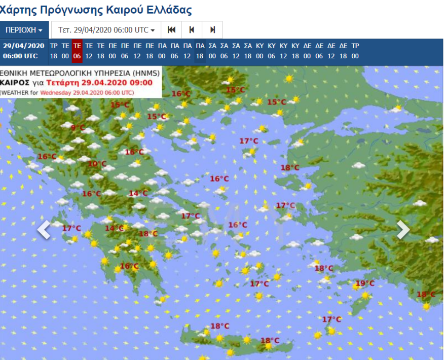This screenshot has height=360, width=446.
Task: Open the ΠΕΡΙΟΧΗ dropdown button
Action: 24,30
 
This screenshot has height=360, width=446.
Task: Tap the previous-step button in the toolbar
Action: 192,30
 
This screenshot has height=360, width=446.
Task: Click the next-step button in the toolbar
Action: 212,30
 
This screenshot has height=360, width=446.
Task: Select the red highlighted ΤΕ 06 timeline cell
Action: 77,51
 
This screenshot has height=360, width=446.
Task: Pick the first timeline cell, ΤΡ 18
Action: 53,51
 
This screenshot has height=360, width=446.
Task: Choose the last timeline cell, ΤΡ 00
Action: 355,51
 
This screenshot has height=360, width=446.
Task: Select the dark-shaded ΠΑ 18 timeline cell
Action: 200,51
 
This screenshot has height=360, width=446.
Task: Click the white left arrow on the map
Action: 45,230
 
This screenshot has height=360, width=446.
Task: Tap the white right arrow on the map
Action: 403,230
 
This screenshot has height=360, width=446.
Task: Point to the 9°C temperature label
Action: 78,127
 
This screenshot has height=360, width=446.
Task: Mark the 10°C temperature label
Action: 97,164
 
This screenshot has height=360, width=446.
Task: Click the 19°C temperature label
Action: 365,283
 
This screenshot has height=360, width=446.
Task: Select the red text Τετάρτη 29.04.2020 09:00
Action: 99,83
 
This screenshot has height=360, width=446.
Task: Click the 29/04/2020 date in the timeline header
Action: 23,46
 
